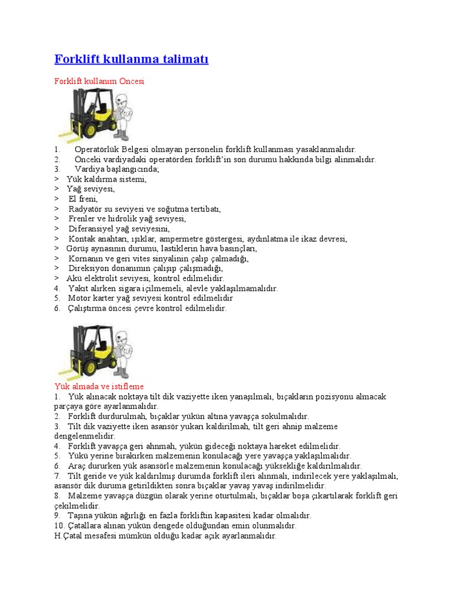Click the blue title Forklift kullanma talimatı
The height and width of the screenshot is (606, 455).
[131, 59]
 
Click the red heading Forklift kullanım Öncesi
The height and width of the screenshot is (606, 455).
[99, 81]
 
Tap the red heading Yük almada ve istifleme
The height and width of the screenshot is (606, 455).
[99, 386]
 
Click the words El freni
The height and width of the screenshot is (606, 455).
[83, 199]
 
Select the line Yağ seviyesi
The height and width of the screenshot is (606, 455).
[90, 189]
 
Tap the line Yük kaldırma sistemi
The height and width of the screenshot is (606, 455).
[106, 179]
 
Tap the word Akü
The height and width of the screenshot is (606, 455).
[73, 278]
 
